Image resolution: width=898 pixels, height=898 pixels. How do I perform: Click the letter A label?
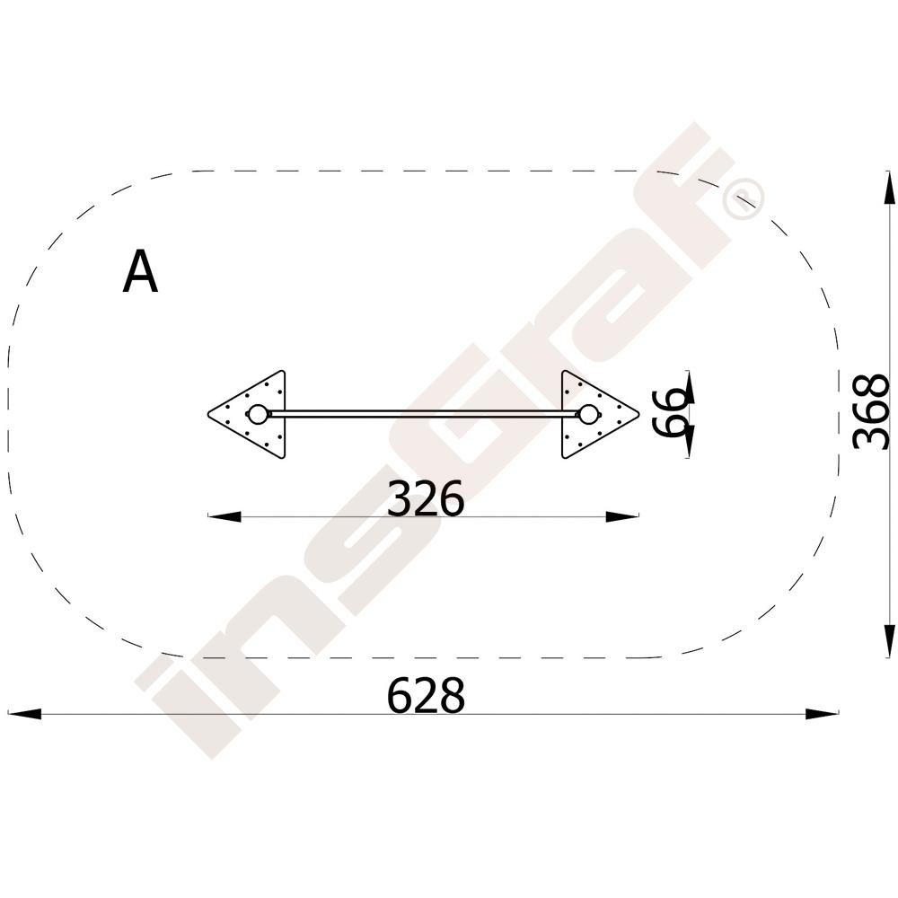pyautogui.click(x=140, y=272)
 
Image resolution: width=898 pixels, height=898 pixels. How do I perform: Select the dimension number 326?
pyautogui.click(x=426, y=498)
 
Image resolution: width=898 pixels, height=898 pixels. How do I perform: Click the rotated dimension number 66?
pyautogui.click(x=670, y=412)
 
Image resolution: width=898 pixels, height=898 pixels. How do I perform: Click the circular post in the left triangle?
pyautogui.click(x=258, y=414)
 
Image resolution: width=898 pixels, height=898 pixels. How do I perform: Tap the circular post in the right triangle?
pyautogui.click(x=588, y=414)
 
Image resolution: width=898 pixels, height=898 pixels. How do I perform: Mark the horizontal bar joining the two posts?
pyautogui.click(x=423, y=414)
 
